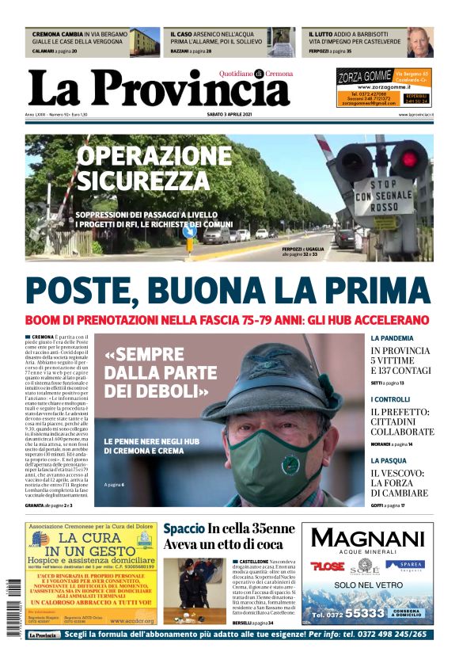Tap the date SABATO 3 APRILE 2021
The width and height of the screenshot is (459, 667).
point(229,115)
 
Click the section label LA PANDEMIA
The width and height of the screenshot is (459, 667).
point(391,337)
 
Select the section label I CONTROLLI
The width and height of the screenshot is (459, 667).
point(390,399)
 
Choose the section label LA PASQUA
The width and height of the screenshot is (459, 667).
point(389,460)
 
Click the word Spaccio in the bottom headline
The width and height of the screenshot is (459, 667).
point(184,530)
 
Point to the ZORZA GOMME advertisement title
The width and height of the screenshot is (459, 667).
point(364,77)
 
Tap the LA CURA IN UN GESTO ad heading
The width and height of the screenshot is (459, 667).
point(89,544)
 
